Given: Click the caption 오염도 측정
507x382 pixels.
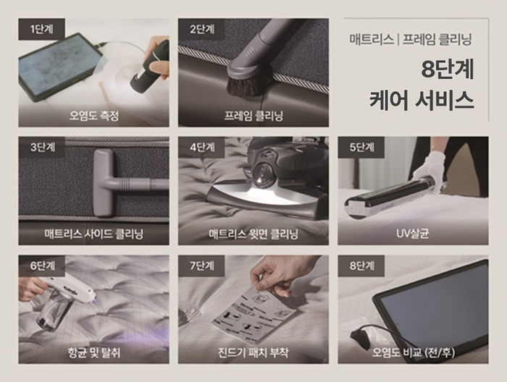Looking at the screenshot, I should [93, 115].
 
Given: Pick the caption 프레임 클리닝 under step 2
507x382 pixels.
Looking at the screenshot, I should [253, 115].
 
